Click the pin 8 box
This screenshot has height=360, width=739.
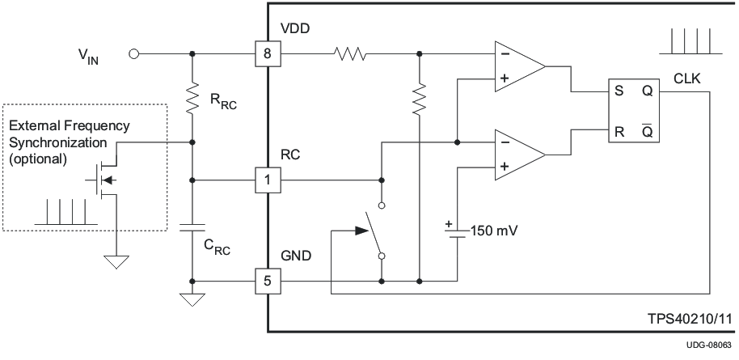[x=268, y=55]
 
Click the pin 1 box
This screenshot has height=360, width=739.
[x=268, y=180]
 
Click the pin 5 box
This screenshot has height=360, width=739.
[x=268, y=282]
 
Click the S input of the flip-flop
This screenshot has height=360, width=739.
[x=619, y=91]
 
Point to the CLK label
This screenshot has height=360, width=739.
[x=687, y=78]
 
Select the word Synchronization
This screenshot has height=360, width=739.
[x=57, y=142]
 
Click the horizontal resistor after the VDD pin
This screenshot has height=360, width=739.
[x=349, y=55]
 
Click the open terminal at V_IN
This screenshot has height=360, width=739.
[x=134, y=55]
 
